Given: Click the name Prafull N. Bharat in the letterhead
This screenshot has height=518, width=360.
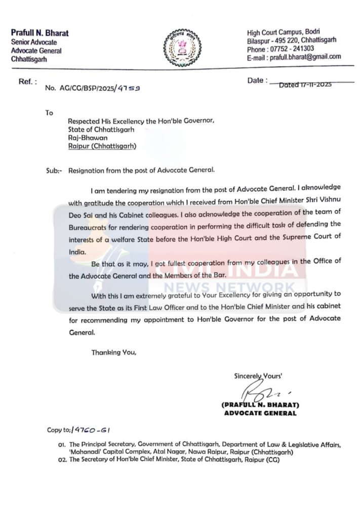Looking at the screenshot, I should click(x=39, y=33).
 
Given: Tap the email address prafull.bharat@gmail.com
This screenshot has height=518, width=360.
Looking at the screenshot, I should click(x=305, y=57).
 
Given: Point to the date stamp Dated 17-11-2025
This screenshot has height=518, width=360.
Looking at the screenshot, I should click(x=305, y=85).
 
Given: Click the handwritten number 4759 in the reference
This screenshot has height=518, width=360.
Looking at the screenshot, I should click(x=129, y=88).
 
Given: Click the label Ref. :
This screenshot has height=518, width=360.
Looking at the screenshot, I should click(x=28, y=81).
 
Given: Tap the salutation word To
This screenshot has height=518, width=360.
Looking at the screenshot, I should click(x=49, y=113).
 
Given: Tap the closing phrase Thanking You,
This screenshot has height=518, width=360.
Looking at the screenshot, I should click(x=114, y=352).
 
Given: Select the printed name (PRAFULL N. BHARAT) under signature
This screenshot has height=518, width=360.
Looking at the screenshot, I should click(x=260, y=405).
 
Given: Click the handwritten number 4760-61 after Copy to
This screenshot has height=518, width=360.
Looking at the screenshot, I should click(x=92, y=430).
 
